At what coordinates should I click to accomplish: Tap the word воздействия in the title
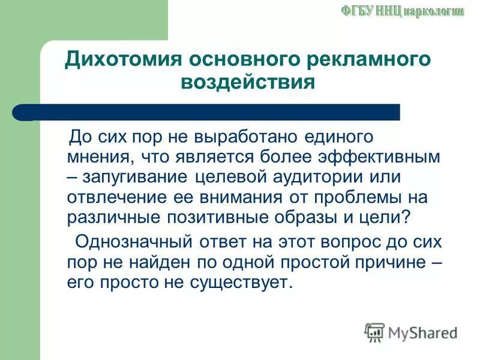pos(247,82)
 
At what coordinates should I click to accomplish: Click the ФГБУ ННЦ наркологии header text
pos(403,11)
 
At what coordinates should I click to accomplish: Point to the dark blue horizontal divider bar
pos(210,112)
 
